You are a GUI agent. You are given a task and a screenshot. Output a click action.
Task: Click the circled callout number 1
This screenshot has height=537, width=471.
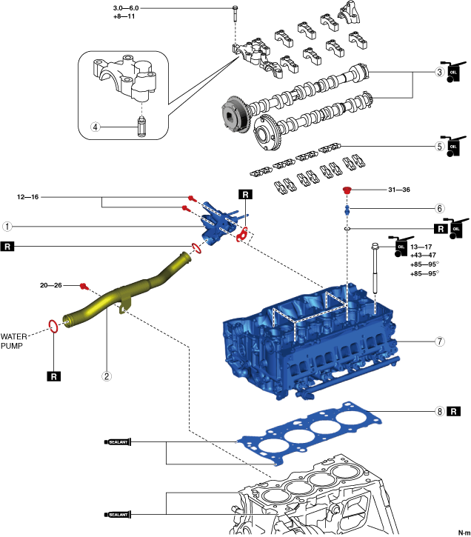tap(7, 227)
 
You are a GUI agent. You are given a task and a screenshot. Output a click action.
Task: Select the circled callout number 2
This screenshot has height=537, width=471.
tap(107, 376)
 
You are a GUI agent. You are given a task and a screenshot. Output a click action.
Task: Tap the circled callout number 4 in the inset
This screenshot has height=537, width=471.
tap(95, 127)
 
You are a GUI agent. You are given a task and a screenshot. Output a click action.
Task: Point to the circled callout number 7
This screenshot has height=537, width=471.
tap(440, 341)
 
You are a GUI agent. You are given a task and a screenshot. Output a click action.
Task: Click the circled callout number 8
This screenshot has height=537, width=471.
tap(440, 411)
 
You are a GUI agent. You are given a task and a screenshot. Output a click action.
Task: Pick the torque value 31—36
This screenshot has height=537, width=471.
tap(399, 190)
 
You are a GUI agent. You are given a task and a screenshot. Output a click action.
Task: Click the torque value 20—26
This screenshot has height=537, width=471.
tap(51, 285)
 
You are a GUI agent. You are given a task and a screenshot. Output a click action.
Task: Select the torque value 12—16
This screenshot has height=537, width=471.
tap(27, 197)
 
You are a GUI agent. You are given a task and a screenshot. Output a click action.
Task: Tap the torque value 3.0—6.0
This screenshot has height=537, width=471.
tap(126, 8)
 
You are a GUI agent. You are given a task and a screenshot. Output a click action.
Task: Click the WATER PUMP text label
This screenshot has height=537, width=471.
tap(13, 341)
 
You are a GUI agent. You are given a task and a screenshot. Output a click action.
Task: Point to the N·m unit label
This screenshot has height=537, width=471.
tap(464, 533)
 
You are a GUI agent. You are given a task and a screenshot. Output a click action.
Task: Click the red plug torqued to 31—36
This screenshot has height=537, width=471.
tap(347, 190)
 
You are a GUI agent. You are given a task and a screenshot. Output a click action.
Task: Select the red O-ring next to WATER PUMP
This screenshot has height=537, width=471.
tap(53, 326)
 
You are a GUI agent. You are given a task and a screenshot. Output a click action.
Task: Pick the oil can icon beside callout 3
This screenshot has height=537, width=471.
tap(453, 72)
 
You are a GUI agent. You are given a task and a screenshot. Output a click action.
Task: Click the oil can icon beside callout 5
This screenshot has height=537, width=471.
tap(453, 146)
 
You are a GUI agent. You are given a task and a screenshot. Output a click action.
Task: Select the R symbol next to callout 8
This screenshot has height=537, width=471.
tap(453, 411)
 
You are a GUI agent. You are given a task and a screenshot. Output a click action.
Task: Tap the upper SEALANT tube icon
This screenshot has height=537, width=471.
tap(118, 442)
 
